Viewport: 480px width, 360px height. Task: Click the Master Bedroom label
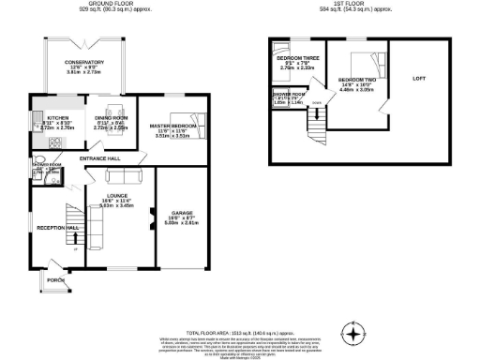tap(172, 126)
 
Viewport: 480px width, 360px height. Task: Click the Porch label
tap(55, 278)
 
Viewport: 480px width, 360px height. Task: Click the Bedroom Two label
tap(356, 79)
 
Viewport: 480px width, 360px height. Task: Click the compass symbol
tap(353, 335)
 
